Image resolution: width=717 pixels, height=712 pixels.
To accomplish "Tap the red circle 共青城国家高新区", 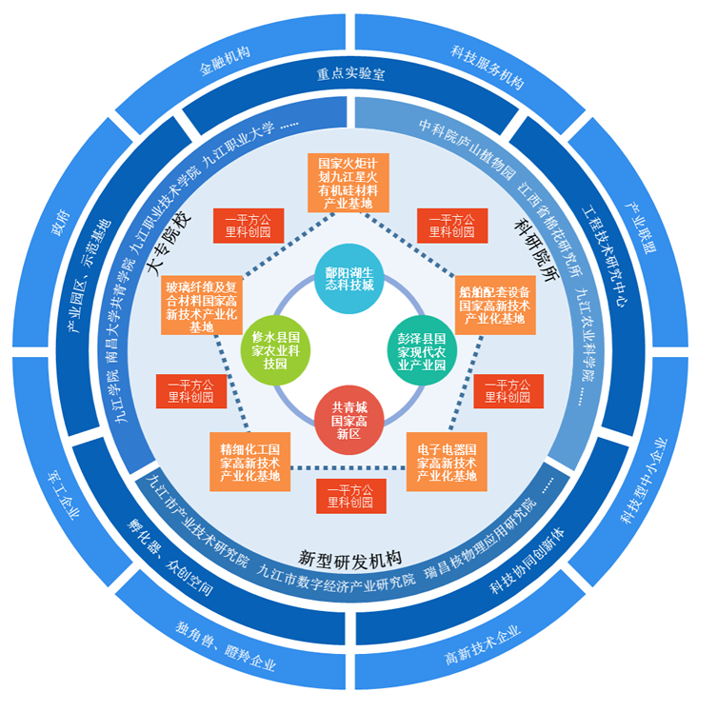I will pos(348,419).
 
